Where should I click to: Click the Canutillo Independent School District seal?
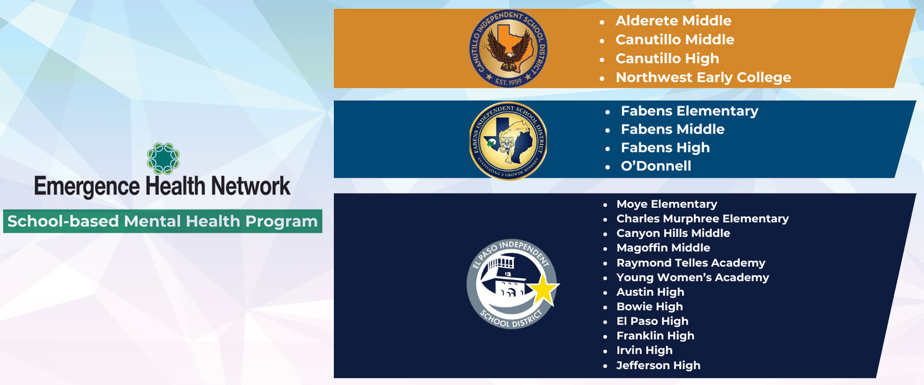[508, 48]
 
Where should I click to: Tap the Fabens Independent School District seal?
[508, 141]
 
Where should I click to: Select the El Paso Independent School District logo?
[513, 284]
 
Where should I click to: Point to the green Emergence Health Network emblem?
[163, 158]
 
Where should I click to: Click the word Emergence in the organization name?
[87, 186]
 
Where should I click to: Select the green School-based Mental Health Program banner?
[163, 221]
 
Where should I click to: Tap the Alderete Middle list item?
[673, 21]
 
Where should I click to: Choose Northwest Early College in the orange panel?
[703, 78]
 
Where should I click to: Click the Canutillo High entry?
[668, 59]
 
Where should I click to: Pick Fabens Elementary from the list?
[689, 111]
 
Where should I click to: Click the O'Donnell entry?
[656, 166]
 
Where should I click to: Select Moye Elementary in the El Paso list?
[667, 204]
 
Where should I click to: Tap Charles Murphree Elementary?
[702, 219]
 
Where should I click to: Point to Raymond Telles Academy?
[691, 263]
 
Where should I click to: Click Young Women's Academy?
[692, 277]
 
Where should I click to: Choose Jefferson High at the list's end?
[658, 365]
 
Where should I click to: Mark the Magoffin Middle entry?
[663, 248]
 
